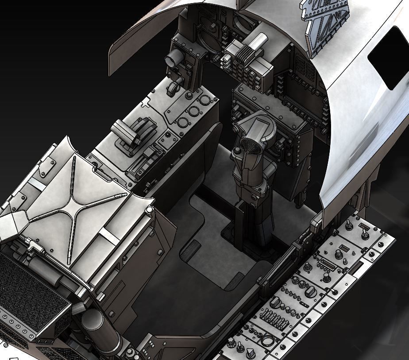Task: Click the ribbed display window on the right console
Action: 329,265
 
